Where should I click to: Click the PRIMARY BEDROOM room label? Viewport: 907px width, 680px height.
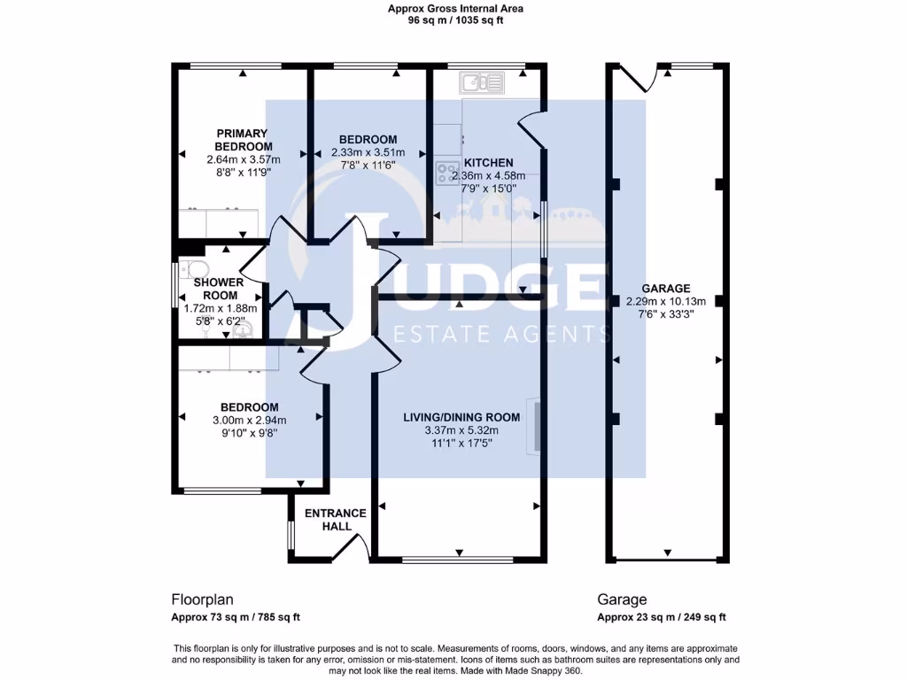click(x=243, y=140)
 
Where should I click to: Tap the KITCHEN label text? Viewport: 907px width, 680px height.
click(x=488, y=163)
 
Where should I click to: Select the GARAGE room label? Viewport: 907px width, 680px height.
click(x=665, y=289)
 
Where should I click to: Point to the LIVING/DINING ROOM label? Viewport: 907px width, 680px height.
click(x=461, y=417)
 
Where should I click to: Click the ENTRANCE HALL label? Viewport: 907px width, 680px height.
click(x=335, y=520)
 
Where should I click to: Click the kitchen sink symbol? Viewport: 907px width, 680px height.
click(x=480, y=84)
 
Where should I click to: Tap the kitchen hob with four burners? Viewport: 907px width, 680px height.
click(x=447, y=172)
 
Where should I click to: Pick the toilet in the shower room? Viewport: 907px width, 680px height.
click(x=192, y=269)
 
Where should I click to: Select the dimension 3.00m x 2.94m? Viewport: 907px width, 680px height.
click(x=243, y=421)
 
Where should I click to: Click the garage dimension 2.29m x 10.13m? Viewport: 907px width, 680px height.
click(x=665, y=302)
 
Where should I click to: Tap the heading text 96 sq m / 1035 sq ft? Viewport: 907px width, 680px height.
click(x=455, y=20)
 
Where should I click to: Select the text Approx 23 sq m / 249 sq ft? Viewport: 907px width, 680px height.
click(x=662, y=617)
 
